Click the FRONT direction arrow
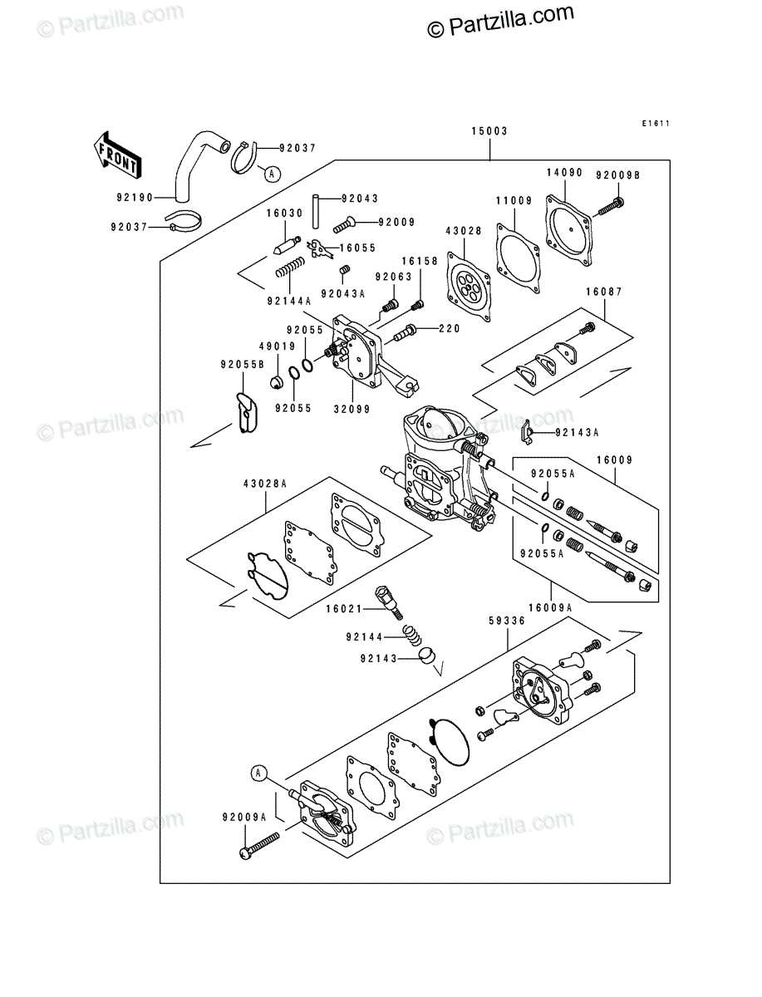click(117, 155)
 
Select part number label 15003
click(489, 131)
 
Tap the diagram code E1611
click(656, 124)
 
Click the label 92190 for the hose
click(135, 198)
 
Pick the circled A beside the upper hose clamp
click(272, 174)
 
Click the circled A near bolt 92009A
click(258, 773)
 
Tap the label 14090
click(564, 173)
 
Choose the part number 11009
click(514, 200)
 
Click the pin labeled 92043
click(316, 212)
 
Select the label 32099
click(352, 410)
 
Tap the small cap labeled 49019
click(276, 382)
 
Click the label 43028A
click(265, 484)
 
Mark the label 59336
click(507, 621)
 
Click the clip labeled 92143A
click(526, 432)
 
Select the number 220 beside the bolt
click(449, 328)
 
